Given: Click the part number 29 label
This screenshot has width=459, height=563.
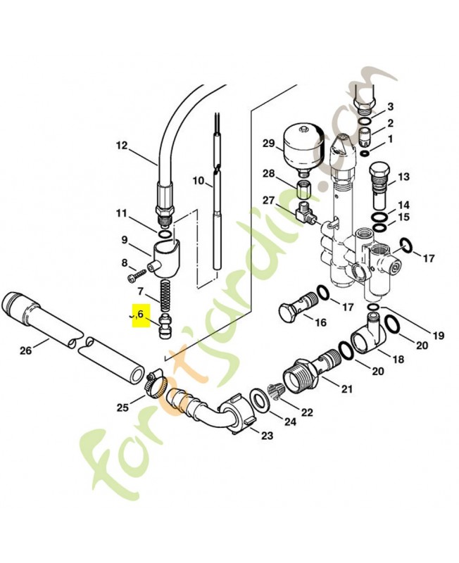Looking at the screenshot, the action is pos(268,144).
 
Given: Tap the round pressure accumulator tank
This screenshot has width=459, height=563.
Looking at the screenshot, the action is pos(303,149).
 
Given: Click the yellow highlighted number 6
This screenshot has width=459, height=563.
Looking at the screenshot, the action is pos(141,315).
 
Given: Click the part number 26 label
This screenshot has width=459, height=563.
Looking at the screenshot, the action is pos(26,350).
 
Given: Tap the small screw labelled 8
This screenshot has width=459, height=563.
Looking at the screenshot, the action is pos(138,274).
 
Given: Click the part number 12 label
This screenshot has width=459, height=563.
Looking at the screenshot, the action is pos(122,146).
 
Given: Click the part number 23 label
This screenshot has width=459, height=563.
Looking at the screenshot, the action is pos(267,436).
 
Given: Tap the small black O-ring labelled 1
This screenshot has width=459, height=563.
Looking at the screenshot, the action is pos(364,153).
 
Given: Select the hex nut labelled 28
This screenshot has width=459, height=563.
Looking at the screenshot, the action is pos(304,189).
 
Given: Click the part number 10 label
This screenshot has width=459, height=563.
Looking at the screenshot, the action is pos(199,181).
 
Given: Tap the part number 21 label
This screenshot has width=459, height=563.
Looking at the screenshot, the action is pos(347,388).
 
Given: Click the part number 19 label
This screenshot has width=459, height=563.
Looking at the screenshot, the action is pos(438,336).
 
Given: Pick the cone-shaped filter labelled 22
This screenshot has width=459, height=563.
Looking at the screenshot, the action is pos(277,392).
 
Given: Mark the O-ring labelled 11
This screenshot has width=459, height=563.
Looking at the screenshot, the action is pos(165,234).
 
